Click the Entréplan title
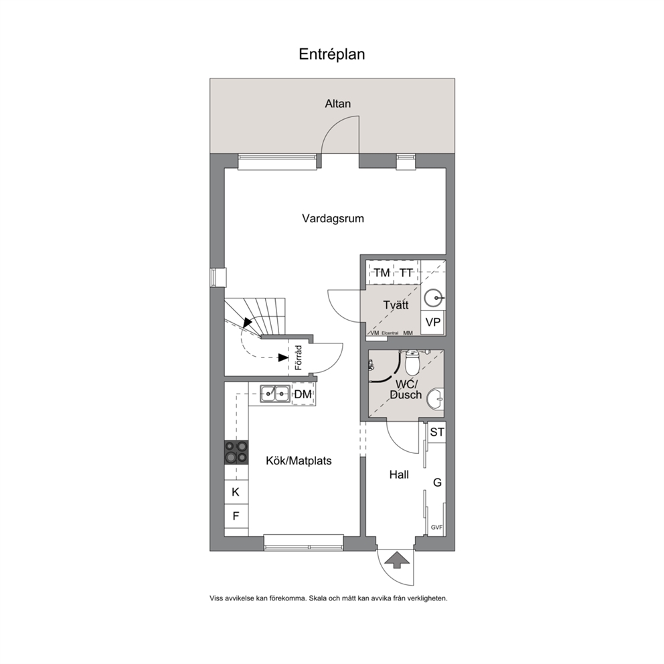coord(331,54)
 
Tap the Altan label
coord(337,104)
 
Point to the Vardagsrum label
coord(333,218)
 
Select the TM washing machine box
coord(382,272)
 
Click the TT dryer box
coord(406,272)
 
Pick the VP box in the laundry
coord(433,323)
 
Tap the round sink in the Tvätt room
coord(434,298)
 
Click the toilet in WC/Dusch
coord(412,363)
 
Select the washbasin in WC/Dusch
coord(435,399)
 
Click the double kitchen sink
coord(275,394)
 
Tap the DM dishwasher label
coord(303,395)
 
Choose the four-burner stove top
coord(236,452)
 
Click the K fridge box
coord(236,492)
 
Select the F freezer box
coord(236,516)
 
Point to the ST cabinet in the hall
coord(436,432)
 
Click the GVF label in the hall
coord(436,527)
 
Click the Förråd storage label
coord(299,358)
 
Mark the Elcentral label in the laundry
coord(390,333)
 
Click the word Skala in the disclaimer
coord(318,599)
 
